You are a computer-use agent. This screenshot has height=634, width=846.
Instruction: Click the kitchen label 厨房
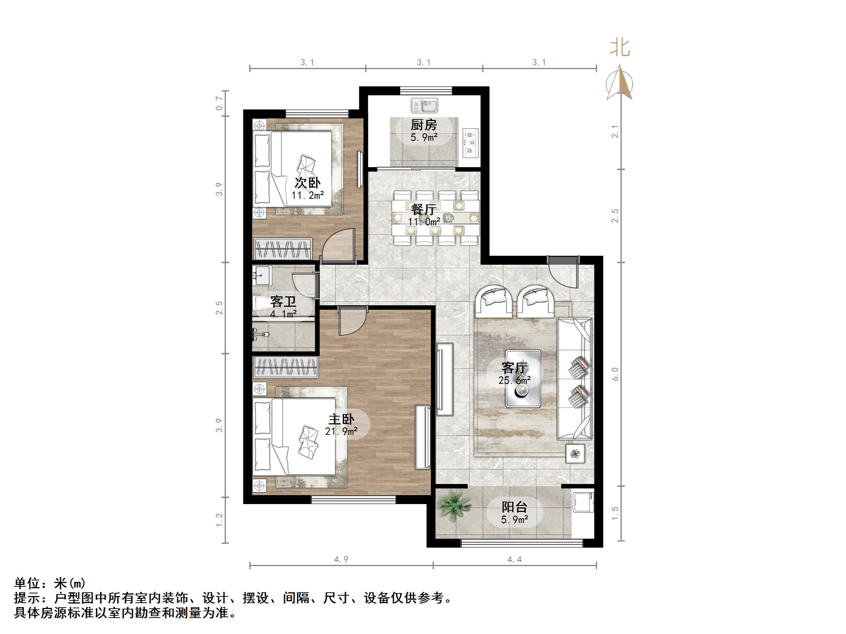[x=423, y=125]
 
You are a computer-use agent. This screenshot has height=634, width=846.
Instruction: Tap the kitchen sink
[x=424, y=106]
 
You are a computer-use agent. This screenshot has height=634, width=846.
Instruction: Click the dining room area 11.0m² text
[x=424, y=221]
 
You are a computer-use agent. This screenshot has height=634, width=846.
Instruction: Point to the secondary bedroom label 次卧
[x=307, y=183]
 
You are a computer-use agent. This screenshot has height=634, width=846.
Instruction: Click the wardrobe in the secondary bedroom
[x=283, y=248]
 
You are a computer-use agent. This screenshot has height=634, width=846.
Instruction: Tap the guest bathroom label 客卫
[x=283, y=302]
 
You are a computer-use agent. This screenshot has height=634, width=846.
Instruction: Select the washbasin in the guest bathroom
[x=262, y=275]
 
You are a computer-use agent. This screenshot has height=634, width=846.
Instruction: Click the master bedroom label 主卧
[x=341, y=420]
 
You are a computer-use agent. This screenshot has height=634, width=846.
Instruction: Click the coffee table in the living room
[x=523, y=378]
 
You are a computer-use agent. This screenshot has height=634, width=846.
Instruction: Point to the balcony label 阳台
[x=514, y=507]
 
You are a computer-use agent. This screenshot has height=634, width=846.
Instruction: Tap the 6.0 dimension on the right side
[x=615, y=374]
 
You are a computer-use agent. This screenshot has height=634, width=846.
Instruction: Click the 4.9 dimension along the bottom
[x=341, y=560]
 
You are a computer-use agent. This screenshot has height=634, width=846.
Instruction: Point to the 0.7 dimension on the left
[x=220, y=103]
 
